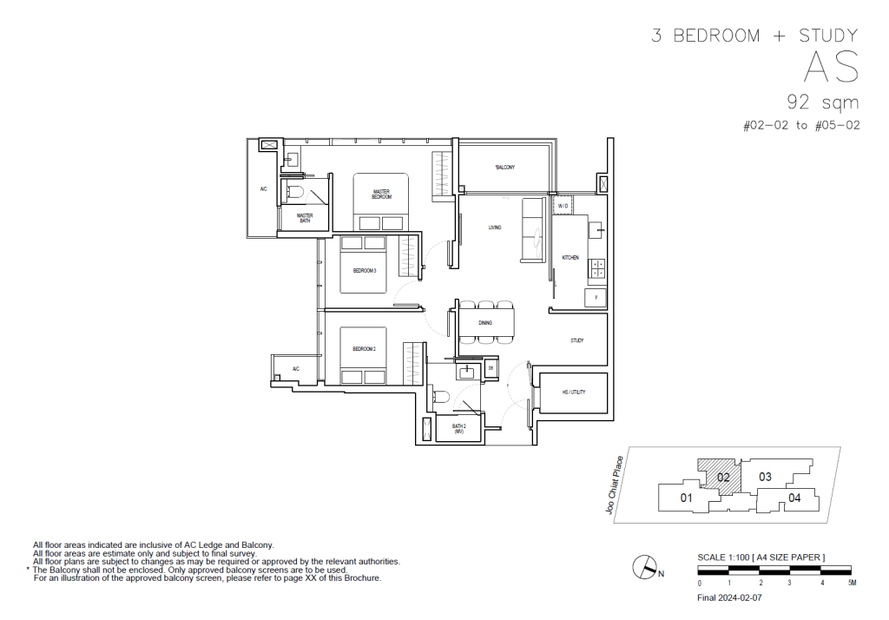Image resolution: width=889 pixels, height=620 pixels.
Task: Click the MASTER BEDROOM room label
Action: pos(382,195)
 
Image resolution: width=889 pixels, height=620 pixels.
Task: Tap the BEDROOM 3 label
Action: pos(364,271)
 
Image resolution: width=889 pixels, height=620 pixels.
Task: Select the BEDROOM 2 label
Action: pos(364,348)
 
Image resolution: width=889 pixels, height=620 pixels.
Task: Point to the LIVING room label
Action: pos(495,228)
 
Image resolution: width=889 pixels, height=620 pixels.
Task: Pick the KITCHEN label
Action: pos(570,258)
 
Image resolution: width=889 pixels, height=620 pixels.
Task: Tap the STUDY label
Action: pos(576,340)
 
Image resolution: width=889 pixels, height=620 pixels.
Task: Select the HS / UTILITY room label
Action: pos(574,392)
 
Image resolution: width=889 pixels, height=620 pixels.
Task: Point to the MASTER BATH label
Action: pos(304,217)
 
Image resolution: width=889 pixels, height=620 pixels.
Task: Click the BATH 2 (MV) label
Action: pos(459,428)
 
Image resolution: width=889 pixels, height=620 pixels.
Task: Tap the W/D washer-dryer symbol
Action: pos(563,206)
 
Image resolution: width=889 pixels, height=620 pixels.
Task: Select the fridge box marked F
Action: pos(596,297)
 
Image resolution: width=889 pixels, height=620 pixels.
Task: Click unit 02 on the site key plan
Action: pos(723,477)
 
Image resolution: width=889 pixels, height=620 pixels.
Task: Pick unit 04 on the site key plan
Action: pos(794,498)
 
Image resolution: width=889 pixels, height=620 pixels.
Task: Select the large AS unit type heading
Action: pos(831,67)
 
